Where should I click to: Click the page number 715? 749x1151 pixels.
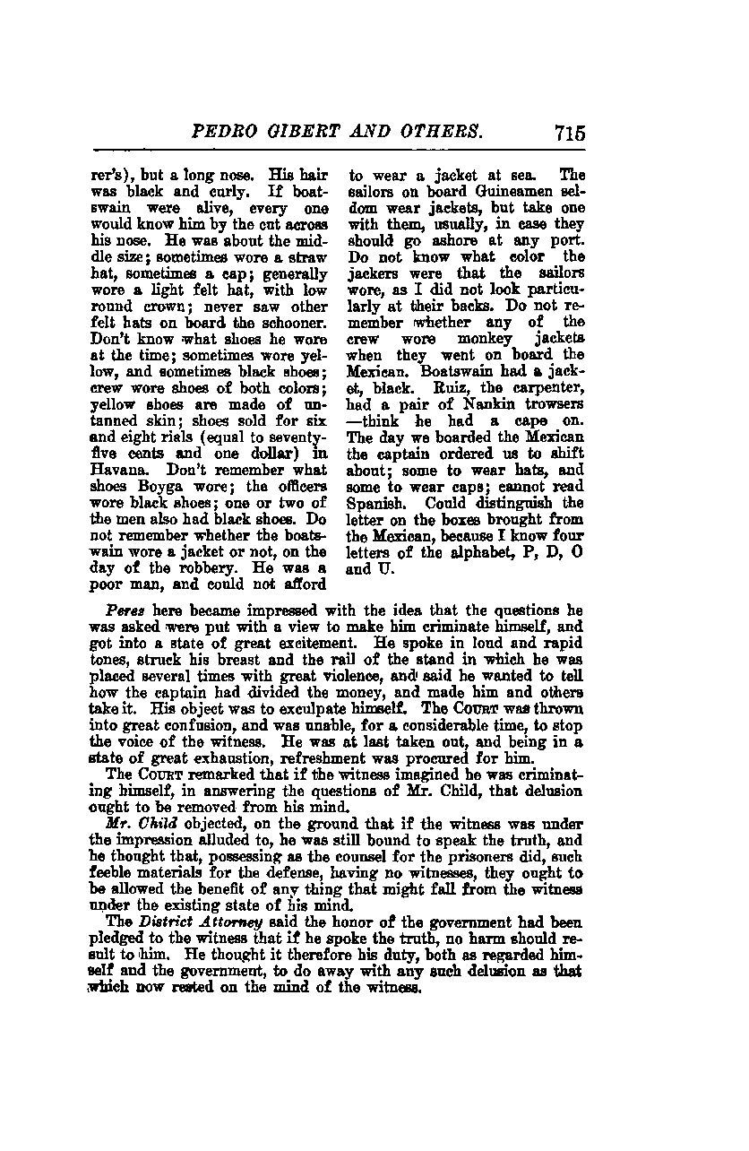[x=569, y=134]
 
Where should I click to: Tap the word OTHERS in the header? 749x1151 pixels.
[x=443, y=134]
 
